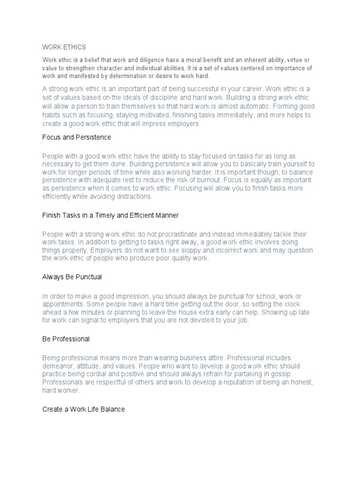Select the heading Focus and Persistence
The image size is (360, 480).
pos(76,137)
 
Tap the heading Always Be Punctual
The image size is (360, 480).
pos(72,277)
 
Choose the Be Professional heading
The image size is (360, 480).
pos(66,338)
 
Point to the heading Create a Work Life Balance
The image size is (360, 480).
pos(83,409)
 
